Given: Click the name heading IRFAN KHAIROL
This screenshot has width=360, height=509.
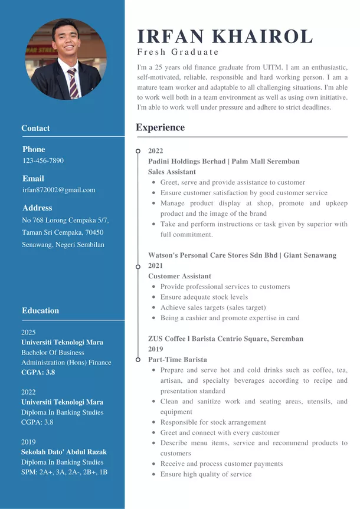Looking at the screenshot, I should click(x=225, y=37).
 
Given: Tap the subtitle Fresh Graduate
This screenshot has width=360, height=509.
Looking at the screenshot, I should click(x=178, y=52).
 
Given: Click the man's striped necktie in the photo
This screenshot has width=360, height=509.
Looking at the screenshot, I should click(x=73, y=83).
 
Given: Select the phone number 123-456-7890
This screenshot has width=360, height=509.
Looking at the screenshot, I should click(x=43, y=160).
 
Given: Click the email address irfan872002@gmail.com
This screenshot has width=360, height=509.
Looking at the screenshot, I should click(x=58, y=190).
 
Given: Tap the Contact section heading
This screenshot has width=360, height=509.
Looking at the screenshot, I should click(x=35, y=128).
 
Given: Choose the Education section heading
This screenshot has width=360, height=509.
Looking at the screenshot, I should click(x=40, y=310).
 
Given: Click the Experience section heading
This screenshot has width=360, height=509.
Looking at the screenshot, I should click(x=160, y=127).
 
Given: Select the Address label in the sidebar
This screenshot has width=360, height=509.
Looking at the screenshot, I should click(x=37, y=208).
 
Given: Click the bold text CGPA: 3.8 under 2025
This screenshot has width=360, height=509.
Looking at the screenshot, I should click(x=38, y=372).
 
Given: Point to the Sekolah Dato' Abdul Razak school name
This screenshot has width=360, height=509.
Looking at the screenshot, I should click(x=64, y=452).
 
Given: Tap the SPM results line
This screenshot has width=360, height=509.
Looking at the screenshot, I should click(x=64, y=472).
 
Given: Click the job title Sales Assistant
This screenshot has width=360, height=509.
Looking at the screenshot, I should click(x=172, y=172).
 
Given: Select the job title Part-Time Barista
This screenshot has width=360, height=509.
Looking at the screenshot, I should click(x=177, y=359).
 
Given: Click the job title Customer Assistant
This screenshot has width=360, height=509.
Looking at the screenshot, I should click(x=179, y=276).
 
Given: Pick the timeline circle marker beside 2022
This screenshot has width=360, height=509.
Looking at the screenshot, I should click(x=138, y=151).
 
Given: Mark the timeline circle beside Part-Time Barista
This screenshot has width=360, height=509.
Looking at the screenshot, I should click(x=138, y=359).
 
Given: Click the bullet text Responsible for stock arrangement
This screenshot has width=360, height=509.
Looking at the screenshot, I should click(x=213, y=422).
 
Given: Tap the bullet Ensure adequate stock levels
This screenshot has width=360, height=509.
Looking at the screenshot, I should click(x=204, y=297).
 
